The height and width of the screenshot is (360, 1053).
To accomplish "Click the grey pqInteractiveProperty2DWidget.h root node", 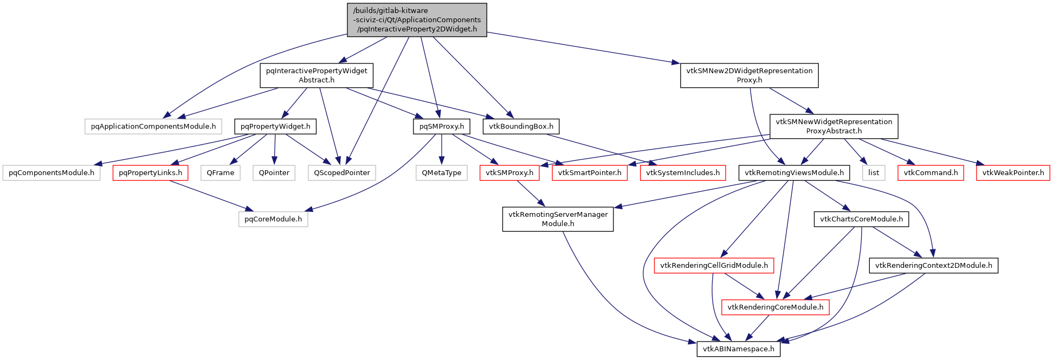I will (416, 20).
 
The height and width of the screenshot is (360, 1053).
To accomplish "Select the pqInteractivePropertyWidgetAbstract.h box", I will (316, 75).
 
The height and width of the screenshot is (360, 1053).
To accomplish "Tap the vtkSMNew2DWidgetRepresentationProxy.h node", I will (749, 75).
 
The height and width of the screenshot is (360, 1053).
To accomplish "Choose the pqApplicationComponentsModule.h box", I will (153, 126).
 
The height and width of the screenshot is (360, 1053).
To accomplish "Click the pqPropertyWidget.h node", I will (275, 126).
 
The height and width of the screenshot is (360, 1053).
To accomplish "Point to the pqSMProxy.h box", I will (442, 126).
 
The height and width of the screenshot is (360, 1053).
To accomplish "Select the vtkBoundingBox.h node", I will (521, 126).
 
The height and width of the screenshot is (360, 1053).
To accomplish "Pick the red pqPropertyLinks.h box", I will (150, 173).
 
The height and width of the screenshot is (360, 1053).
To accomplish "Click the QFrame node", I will (221, 173).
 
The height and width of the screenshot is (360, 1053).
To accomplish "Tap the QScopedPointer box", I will (342, 173).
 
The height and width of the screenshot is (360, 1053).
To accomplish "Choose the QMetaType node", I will (442, 173).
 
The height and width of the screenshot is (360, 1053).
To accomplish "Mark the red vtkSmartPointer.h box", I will (590, 173).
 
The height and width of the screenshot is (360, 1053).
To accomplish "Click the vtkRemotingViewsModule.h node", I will (794, 173).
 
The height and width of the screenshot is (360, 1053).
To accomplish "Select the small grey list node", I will (874, 173).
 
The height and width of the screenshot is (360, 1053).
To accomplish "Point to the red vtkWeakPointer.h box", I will (1013, 173).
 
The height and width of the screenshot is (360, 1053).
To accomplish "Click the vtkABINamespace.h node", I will (739, 349).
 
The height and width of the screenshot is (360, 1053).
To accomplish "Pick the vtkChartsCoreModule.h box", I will (861, 219).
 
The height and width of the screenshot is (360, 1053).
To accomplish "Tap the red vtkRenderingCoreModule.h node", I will (775, 307).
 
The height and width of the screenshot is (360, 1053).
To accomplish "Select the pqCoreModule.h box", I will (273, 219).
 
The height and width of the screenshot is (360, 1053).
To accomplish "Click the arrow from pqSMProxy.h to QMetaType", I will (442, 149).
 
